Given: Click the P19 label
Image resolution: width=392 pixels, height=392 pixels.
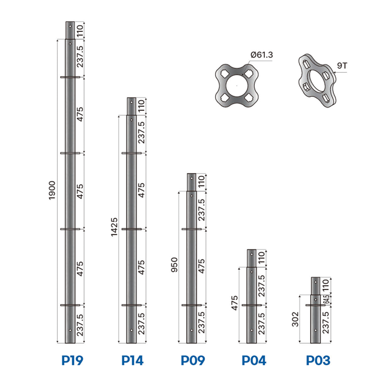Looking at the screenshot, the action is [x=72, y=360].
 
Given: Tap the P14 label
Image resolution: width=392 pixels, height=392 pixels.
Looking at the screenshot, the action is [x=132, y=360].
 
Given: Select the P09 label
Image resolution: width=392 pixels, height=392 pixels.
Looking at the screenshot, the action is [x=193, y=360].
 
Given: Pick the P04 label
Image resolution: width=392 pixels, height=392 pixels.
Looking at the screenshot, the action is [x=254, y=360].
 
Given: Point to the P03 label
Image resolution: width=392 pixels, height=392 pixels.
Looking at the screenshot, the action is [x=318, y=360].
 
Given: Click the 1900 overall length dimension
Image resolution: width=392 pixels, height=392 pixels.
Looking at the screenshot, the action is [x=52, y=190].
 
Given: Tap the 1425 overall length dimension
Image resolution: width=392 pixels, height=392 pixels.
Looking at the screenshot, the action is [x=114, y=227].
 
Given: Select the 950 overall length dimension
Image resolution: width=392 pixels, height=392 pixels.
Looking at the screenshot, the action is [x=174, y=265].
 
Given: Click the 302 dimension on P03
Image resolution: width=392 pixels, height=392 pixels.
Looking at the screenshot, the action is [x=295, y=319].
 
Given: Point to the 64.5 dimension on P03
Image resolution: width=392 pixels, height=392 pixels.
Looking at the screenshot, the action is [x=326, y=299].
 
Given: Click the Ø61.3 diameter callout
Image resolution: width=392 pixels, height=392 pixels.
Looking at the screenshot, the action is [x=262, y=55].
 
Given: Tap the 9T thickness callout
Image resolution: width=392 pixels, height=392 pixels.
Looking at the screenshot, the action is [x=342, y=66].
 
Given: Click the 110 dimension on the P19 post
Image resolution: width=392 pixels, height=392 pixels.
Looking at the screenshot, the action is [x=80, y=31].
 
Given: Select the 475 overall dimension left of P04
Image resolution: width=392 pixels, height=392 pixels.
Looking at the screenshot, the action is [x=235, y=303].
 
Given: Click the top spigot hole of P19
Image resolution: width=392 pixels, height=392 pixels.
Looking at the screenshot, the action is [x=70, y=26].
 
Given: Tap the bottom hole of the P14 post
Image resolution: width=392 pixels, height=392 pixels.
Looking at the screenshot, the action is [x=132, y=330].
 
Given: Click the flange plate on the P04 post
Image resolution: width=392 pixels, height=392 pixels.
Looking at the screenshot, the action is [x=251, y=305].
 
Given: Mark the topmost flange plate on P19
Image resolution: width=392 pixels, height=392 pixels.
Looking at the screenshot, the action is [x=70, y=77].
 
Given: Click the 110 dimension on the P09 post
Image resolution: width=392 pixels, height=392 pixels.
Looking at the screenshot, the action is [x=201, y=182].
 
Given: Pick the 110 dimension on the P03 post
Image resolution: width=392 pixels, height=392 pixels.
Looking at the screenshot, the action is [x=325, y=286].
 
